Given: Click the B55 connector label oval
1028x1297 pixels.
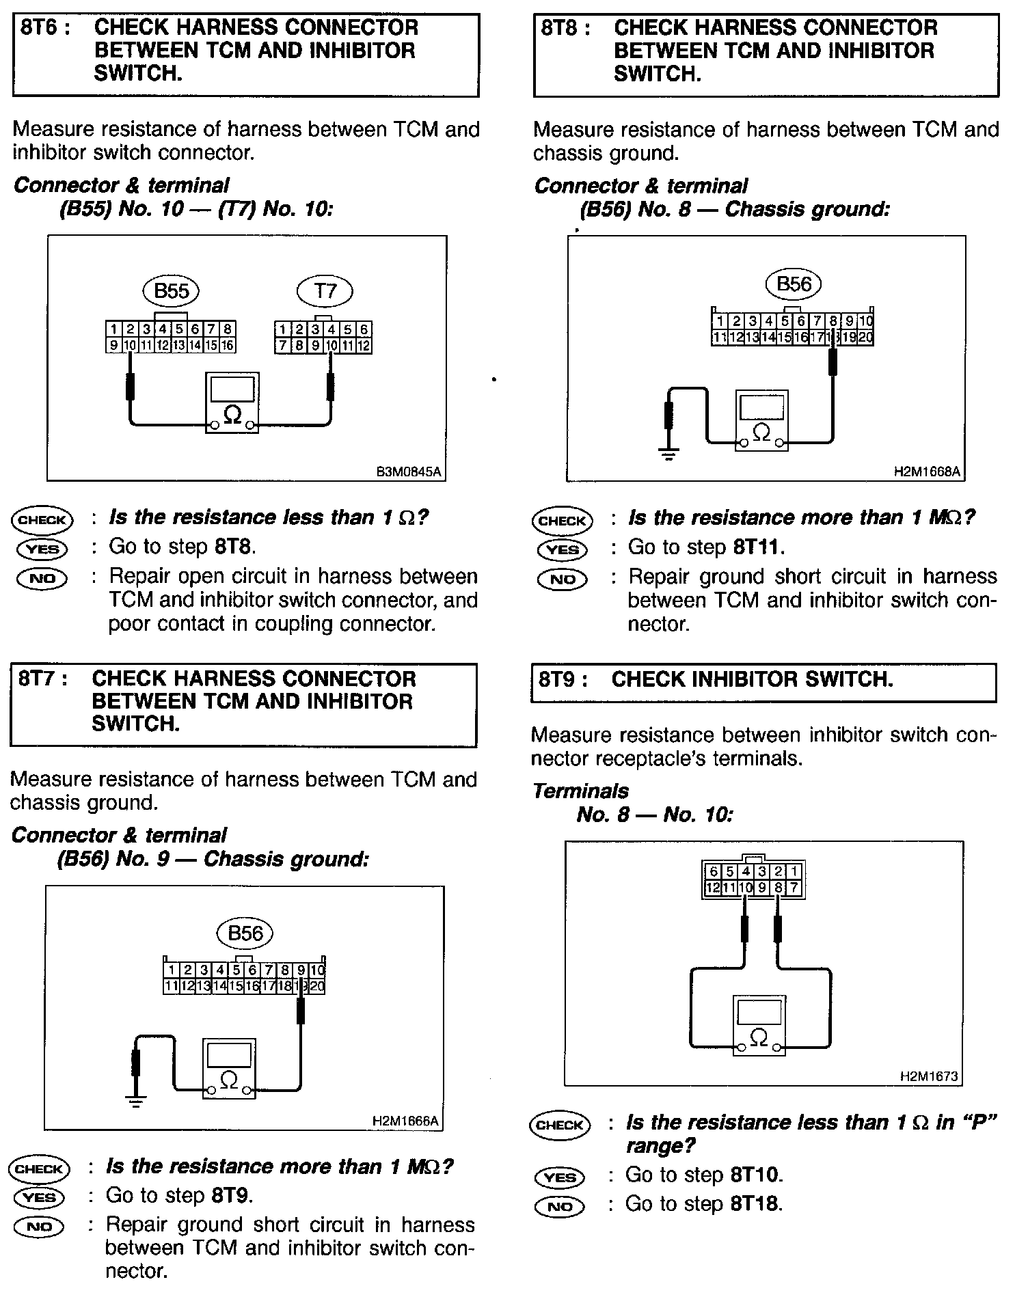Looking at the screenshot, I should point(171,291).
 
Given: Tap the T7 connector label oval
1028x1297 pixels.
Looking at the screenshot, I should point(325,291).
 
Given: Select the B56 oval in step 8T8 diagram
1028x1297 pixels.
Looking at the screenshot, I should point(794,284).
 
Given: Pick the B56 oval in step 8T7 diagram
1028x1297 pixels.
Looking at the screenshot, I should point(245,933).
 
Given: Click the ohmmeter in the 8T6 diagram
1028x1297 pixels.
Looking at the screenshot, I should point(232,402).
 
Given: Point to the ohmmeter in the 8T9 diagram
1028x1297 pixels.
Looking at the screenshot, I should point(758,1026).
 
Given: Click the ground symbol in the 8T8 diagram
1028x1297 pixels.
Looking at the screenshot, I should point(668,454).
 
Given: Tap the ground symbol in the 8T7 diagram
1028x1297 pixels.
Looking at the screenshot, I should point(136,1102).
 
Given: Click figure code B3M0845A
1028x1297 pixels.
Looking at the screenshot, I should point(409,472).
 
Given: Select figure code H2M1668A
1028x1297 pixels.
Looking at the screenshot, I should point(928,472).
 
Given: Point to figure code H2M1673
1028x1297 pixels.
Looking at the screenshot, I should point(930,1076).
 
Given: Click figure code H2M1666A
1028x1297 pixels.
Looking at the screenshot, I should point(406,1121).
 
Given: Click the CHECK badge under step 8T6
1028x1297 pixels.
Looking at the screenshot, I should point(42,519).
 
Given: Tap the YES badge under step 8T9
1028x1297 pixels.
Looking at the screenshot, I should point(560,1177).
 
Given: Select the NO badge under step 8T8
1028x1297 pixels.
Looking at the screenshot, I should point(563,579).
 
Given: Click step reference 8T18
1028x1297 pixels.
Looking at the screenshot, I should point(755,1203).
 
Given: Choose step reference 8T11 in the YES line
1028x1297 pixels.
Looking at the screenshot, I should point(758,547).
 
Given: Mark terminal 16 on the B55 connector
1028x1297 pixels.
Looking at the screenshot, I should point(228,346).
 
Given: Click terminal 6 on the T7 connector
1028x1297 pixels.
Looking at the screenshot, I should point(364,330).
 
